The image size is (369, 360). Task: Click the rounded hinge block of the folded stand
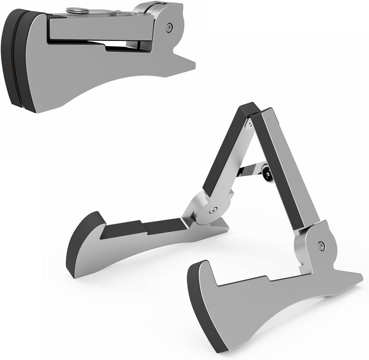click(x=161, y=18)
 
